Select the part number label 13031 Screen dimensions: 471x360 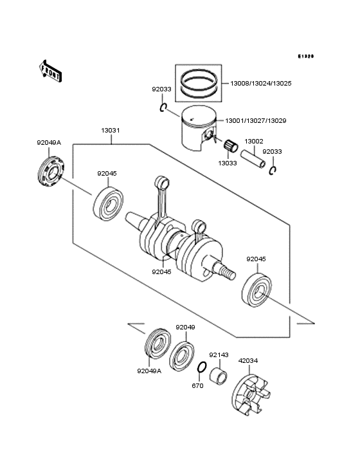click(110, 131)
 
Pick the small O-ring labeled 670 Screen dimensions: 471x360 click(201, 368)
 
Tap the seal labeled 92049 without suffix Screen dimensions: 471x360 click(183, 355)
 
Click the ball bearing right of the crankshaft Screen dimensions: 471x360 click(259, 289)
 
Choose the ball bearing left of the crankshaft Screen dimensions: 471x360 click(109, 203)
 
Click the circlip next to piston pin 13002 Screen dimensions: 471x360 click(273, 170)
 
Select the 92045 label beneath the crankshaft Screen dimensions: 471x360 click(162, 272)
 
